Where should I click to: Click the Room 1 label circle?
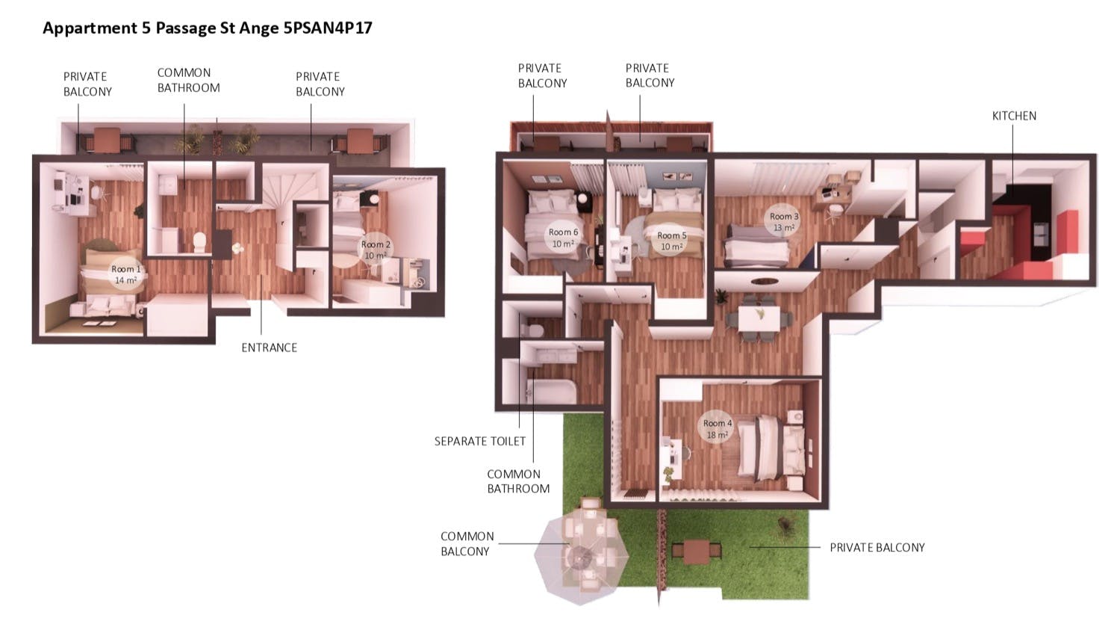125,274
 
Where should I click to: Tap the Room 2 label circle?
375,250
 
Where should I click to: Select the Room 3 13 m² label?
784,222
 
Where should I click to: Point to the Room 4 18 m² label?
717,428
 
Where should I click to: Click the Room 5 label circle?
671,241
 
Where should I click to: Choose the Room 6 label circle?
563,238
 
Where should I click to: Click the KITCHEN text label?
1014,116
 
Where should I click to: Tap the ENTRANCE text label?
269,348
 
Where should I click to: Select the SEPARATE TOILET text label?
480,441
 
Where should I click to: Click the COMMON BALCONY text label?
466,543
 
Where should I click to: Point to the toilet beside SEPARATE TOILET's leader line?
533,330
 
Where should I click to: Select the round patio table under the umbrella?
580,555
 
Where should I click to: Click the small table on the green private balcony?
697,552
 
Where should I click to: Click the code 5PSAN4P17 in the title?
327,28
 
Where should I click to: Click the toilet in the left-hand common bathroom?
199,241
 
